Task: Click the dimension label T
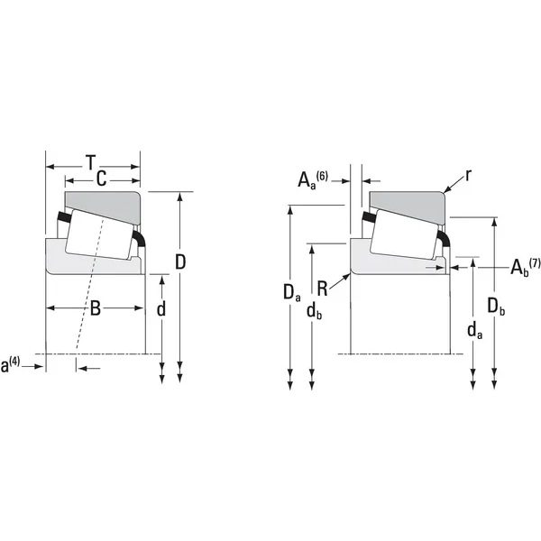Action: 91,162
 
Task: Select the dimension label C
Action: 101,179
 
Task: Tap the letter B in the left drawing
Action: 96,308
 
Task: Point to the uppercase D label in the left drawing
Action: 180,261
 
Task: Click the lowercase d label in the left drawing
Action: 161,309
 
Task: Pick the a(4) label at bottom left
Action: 10,365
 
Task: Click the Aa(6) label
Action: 313,179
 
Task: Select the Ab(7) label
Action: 525,267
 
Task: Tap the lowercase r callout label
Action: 468,176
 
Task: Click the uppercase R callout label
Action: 322,289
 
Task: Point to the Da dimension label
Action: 291,293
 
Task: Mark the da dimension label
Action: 475,331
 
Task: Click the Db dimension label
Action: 496,307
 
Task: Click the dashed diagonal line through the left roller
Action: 89,284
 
